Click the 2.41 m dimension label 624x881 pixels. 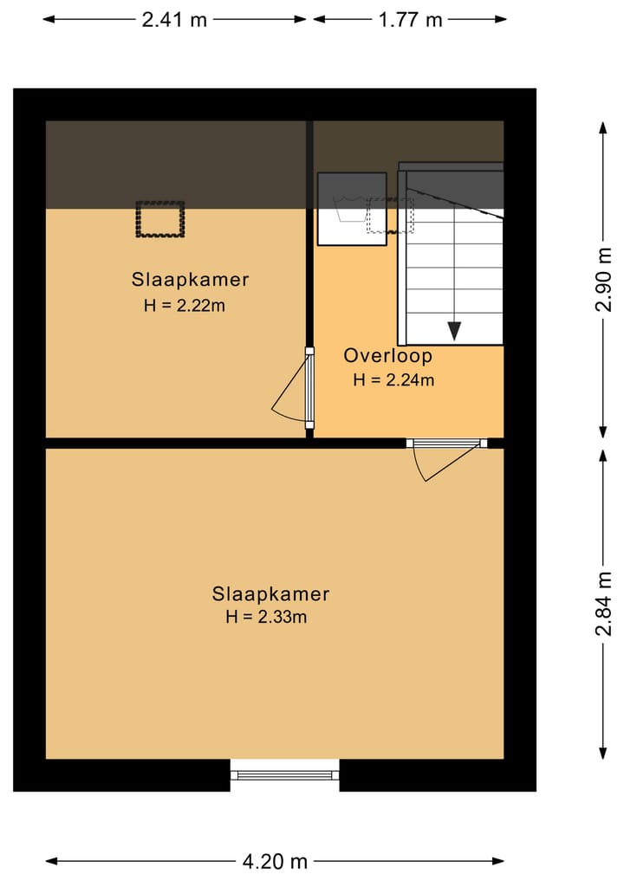click(x=175, y=19)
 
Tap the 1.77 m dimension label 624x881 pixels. click(x=410, y=19)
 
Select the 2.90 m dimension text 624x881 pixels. click(x=604, y=279)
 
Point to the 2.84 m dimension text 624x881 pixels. click(x=604, y=604)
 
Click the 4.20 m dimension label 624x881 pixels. click(x=275, y=861)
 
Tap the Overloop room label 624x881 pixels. click(x=387, y=355)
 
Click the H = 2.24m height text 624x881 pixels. click(x=393, y=379)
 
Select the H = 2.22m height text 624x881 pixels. click(x=185, y=305)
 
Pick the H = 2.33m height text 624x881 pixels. click(x=267, y=618)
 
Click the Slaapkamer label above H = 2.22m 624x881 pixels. click(x=190, y=280)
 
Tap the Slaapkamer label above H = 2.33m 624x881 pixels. click(x=270, y=594)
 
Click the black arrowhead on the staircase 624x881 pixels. click(x=453, y=331)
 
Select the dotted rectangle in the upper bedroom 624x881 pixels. click(x=160, y=220)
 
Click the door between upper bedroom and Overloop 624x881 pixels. click(x=309, y=387)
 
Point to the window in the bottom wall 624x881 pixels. click(x=284, y=774)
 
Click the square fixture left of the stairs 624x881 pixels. click(x=351, y=209)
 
